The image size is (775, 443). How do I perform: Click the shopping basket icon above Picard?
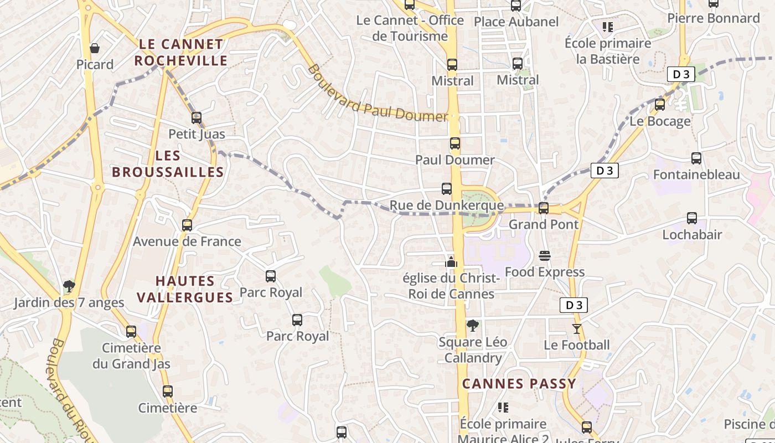pyautogui.click(x=95, y=48)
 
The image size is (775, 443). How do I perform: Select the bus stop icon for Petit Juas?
pyautogui.click(x=197, y=117)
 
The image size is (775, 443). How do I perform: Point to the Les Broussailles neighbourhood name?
pyautogui.click(x=168, y=164)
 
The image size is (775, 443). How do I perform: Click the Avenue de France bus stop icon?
pyautogui.click(x=187, y=225)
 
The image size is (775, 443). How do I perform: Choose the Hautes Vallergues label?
pyautogui.click(x=185, y=289)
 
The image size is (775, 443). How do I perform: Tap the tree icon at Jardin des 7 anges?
pyautogui.click(x=69, y=286)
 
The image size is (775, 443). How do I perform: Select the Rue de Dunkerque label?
pyautogui.click(x=447, y=205)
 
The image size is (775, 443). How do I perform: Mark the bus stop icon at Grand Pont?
pyautogui.click(x=544, y=208)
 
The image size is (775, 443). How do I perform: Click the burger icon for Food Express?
pyautogui.click(x=545, y=256)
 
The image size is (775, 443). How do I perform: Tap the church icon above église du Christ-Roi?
pyautogui.click(x=451, y=262)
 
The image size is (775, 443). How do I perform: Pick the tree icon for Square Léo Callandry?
pyautogui.click(x=472, y=326)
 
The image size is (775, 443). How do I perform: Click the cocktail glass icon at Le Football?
pyautogui.click(x=577, y=329)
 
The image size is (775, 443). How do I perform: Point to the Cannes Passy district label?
pyautogui.click(x=519, y=383)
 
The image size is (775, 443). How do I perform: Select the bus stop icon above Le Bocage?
pyautogui.click(x=660, y=105)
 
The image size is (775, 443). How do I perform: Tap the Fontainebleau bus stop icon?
pyautogui.click(x=696, y=158)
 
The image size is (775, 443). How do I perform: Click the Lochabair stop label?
pyautogui.click(x=692, y=235)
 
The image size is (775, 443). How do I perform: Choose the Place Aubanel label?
pyautogui.click(x=516, y=22)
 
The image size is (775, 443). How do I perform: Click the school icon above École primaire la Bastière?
pyautogui.click(x=608, y=27)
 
